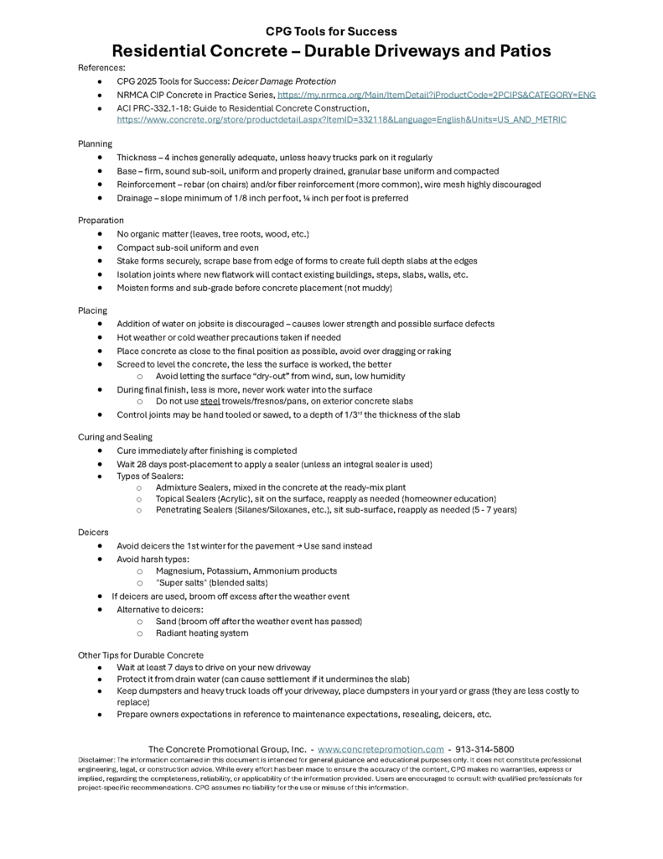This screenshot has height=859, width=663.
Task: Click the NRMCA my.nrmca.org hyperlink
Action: click(437, 95)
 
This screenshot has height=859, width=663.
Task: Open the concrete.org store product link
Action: click(341, 120)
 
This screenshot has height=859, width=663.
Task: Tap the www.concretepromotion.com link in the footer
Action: click(381, 749)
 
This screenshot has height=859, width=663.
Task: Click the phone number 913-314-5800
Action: click(485, 749)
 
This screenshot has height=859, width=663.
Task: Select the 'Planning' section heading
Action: click(95, 144)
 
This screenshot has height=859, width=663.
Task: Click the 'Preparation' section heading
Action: click(101, 221)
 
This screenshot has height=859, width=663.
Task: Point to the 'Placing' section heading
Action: click(92, 310)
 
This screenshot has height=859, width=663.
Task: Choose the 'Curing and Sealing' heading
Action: click(116, 437)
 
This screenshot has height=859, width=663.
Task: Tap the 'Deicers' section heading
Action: click(93, 532)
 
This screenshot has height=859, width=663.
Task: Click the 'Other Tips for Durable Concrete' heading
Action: click(141, 654)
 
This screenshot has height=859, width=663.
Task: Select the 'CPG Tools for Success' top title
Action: click(331, 32)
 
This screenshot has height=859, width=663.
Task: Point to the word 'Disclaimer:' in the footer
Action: click(96, 760)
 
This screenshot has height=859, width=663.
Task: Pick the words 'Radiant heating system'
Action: click(202, 633)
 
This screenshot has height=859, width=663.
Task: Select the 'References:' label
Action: click(101, 67)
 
